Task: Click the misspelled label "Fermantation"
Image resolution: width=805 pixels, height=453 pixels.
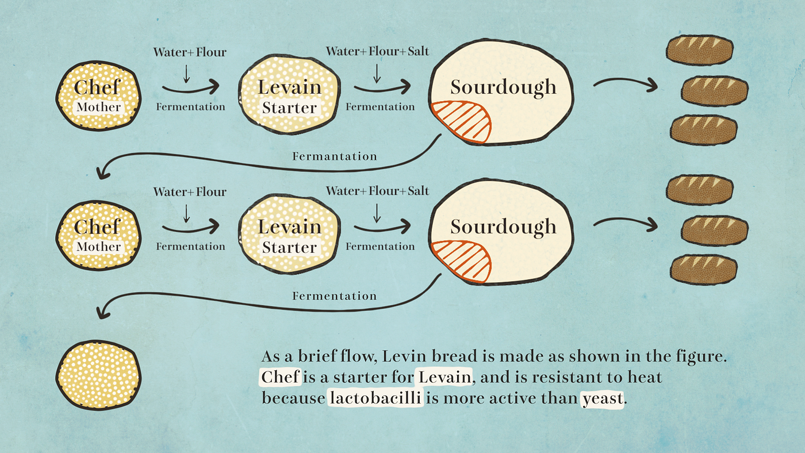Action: (x=335, y=156)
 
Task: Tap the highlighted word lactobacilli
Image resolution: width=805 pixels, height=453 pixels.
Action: (x=375, y=398)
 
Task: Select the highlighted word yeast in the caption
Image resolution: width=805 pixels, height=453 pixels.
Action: (x=602, y=398)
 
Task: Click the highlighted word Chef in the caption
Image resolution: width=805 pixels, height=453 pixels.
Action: (x=281, y=378)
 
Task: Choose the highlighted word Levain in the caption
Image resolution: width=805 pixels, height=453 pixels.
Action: (x=444, y=378)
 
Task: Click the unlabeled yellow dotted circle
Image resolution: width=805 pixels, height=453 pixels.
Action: (x=98, y=375)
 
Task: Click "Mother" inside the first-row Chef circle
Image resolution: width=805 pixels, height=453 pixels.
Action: (x=99, y=107)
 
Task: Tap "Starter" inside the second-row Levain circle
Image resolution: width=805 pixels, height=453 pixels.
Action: (x=289, y=248)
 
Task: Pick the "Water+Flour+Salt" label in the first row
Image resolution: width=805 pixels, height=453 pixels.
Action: (x=377, y=51)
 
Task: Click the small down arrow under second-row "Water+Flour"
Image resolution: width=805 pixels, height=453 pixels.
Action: (x=186, y=214)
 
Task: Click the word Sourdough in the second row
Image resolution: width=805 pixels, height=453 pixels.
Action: (x=503, y=226)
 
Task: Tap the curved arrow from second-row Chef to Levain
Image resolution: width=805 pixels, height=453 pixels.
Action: (x=190, y=228)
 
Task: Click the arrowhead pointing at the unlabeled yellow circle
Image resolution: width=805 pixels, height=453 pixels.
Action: (x=103, y=313)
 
